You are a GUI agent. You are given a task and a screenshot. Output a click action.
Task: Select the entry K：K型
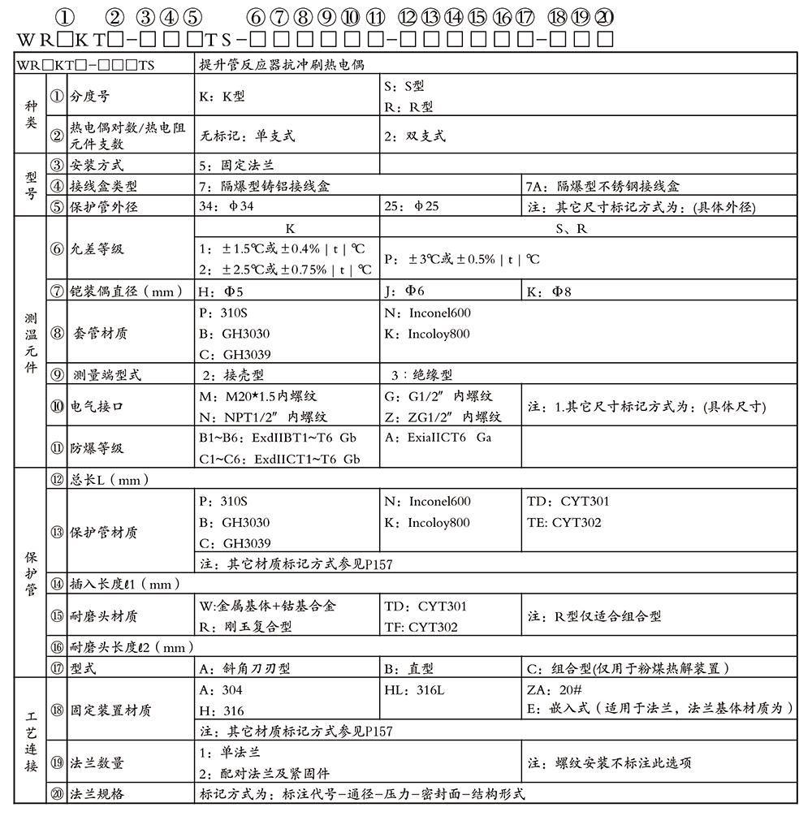point(222,96)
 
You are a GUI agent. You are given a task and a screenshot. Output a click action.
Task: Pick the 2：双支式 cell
point(415,136)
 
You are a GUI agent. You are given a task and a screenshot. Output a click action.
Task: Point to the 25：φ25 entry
point(411,206)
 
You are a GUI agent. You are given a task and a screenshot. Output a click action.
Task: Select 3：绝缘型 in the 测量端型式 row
point(421,375)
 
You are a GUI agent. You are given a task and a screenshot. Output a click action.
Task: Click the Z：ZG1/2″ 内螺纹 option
point(443,417)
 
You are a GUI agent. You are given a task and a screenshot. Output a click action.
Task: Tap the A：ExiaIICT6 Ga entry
point(438,438)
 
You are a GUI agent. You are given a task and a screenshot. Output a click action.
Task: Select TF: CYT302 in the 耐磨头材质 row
point(421,627)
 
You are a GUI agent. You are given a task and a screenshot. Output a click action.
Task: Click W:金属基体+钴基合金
point(267,607)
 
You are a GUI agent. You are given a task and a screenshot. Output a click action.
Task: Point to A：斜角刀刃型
point(244,669)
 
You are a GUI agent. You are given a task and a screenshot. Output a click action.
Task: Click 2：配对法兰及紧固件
point(264,774)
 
